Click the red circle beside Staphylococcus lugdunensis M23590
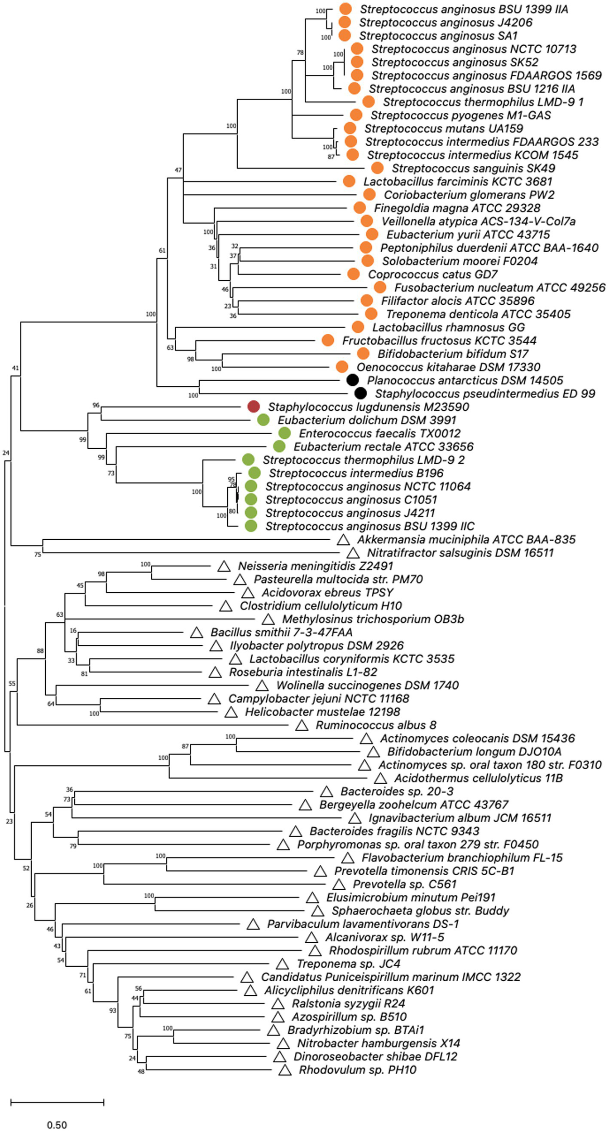click(254, 407)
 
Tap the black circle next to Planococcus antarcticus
click(353, 380)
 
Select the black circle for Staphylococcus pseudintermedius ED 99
click(360, 393)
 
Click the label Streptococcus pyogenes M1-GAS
click(460, 115)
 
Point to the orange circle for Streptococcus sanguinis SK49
click(377, 168)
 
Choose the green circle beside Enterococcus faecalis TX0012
click(284, 433)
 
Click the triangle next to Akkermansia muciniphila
click(343, 540)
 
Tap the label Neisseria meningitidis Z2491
click(315, 566)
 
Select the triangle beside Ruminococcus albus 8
click(302, 725)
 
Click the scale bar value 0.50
click(57, 1125)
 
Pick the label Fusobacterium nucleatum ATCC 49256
click(499, 288)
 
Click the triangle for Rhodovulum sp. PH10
click(285, 1070)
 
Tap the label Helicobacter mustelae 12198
click(322, 712)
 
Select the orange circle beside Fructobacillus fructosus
click(328, 340)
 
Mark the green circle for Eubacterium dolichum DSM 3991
click(263, 420)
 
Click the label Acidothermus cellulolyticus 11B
click(478, 778)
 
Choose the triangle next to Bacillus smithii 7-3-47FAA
click(197, 633)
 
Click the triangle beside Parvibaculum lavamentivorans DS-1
click(253, 924)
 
